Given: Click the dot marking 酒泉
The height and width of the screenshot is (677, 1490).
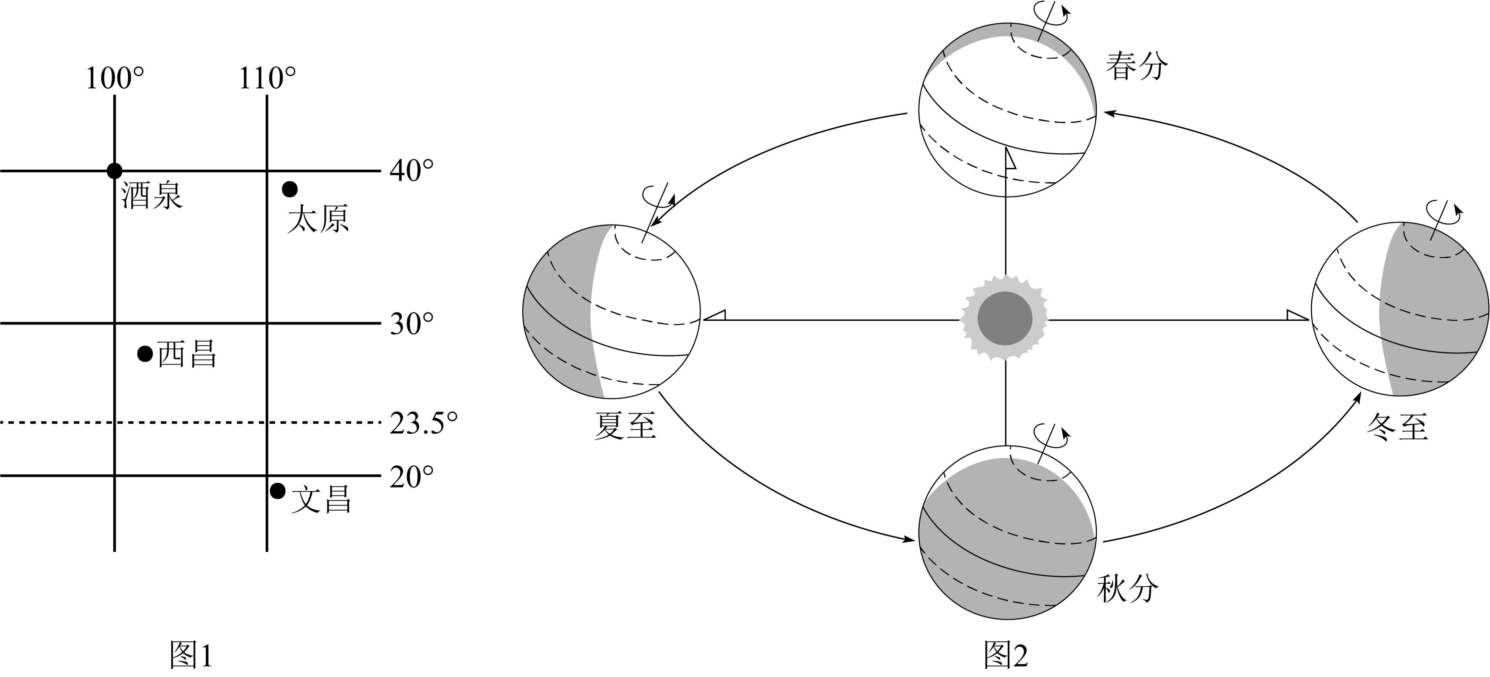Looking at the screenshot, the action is pyautogui.click(x=115, y=171).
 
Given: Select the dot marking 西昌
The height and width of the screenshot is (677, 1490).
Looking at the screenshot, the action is pyautogui.click(x=145, y=353).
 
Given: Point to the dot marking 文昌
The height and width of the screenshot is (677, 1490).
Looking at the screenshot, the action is pyautogui.click(x=278, y=491).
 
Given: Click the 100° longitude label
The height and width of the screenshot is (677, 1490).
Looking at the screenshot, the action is pyautogui.click(x=115, y=78).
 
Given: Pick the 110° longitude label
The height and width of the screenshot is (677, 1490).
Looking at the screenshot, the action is pyautogui.click(x=267, y=78).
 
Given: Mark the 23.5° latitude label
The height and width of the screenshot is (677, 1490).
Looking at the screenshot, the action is pyautogui.click(x=424, y=423).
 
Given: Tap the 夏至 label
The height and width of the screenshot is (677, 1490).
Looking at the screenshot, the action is pyautogui.click(x=625, y=426).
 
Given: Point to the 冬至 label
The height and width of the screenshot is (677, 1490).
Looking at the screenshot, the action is pyautogui.click(x=1397, y=426).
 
